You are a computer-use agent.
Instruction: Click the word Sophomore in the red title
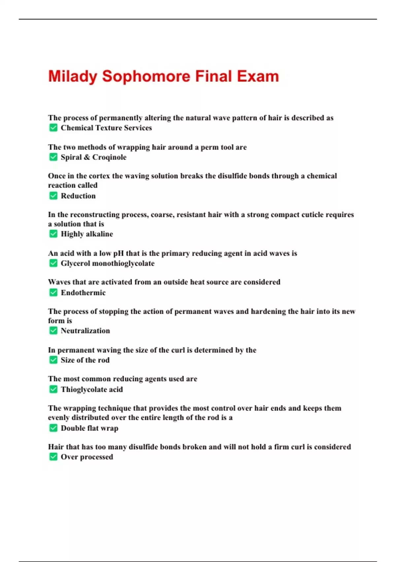pyautogui.click(x=146, y=77)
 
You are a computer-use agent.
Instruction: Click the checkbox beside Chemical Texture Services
pyautogui.click(x=53, y=128)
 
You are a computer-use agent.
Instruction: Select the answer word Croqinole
pyautogui.click(x=109, y=157)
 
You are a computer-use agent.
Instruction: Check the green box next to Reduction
pyautogui.click(x=53, y=196)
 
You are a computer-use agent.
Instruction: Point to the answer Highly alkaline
pyautogui.click(x=87, y=234)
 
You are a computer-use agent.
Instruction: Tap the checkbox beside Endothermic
pyautogui.click(x=53, y=293)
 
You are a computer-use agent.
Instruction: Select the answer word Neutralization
pyautogui.click(x=85, y=331)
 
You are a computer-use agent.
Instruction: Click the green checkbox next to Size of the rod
pyautogui.click(x=53, y=360)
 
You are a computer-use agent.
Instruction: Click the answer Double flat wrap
pyautogui.click(x=89, y=428)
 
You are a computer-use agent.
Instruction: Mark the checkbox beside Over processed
pyautogui.click(x=53, y=457)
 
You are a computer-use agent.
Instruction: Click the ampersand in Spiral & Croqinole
pyautogui.click(x=87, y=157)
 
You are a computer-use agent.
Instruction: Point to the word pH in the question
pyautogui.click(x=118, y=254)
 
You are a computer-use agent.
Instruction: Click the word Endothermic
pyautogui.click(x=83, y=293)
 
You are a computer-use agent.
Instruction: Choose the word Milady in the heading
pyautogui.click(x=73, y=77)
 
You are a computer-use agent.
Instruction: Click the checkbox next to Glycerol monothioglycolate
pyautogui.click(x=53, y=263)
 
